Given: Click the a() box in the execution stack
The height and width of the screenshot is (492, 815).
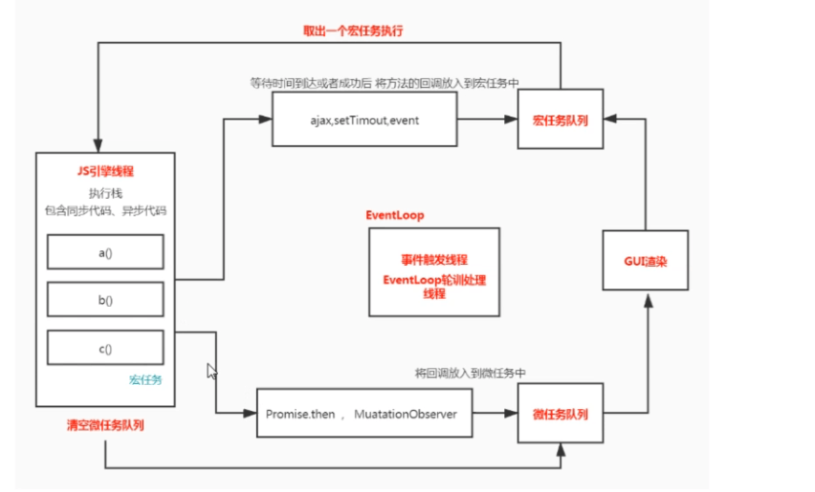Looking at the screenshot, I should point(105,252).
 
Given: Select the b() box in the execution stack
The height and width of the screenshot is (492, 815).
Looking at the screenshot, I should point(105,300).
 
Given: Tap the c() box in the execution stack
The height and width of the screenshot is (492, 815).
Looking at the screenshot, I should point(105,348).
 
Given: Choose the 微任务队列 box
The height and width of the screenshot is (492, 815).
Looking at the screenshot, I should point(561,415).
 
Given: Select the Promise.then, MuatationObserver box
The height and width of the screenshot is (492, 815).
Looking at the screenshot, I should point(364,414).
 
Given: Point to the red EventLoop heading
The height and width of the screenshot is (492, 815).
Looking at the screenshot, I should point(394,215).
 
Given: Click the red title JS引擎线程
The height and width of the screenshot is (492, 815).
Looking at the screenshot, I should point(105,171).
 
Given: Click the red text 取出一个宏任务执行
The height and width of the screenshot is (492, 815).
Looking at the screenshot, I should point(353,32).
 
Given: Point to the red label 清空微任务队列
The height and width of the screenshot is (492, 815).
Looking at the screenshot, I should point(106,424).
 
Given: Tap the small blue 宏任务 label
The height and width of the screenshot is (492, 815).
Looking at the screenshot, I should point(145,379).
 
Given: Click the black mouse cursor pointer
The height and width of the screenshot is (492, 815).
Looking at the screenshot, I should point(212,371).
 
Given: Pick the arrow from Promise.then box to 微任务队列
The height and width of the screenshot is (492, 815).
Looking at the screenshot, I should point(496,414).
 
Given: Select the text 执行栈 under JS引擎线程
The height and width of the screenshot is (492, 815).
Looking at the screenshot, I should point(105,192).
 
